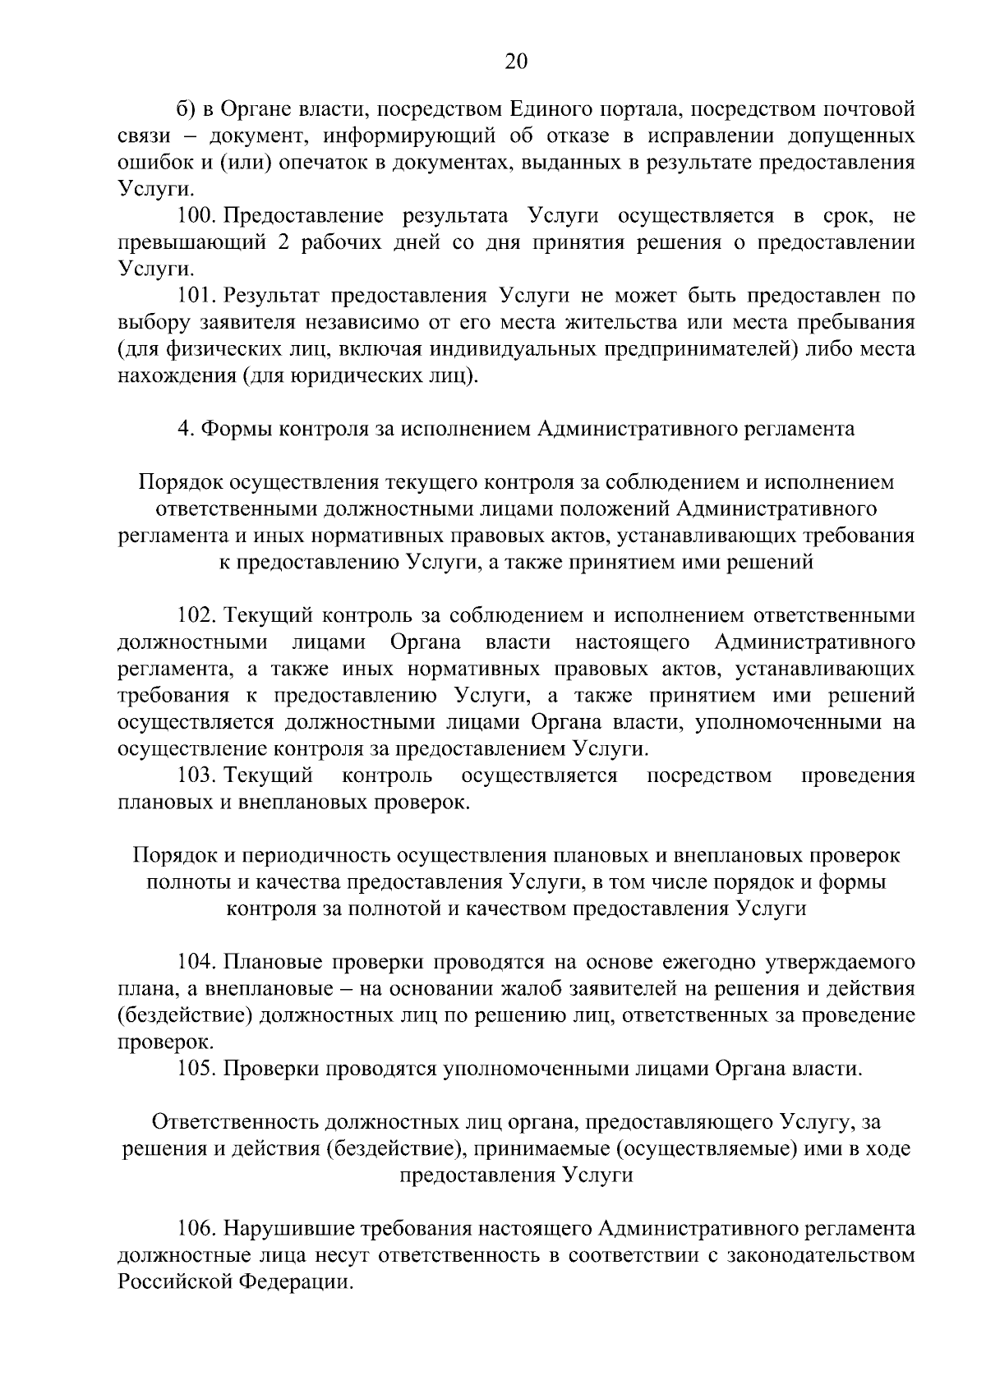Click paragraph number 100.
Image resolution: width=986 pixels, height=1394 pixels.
coord(196,217)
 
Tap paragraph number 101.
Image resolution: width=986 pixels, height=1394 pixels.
coord(196,295)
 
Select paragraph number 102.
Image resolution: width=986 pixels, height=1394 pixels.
coord(196,615)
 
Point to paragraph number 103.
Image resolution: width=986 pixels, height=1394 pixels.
coord(196,775)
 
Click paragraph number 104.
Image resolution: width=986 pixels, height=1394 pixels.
coord(196,962)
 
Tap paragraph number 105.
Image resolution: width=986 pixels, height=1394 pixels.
coord(196,1069)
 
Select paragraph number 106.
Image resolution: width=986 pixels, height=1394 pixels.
coord(196,1229)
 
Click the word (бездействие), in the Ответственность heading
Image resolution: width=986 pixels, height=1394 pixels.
coord(394,1148)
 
